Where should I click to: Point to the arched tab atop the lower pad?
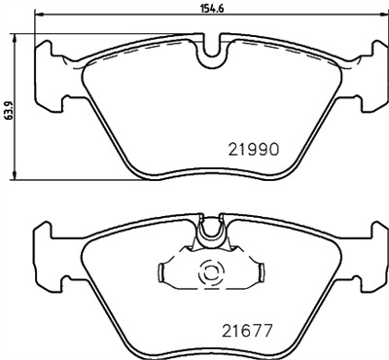point(211,232)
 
